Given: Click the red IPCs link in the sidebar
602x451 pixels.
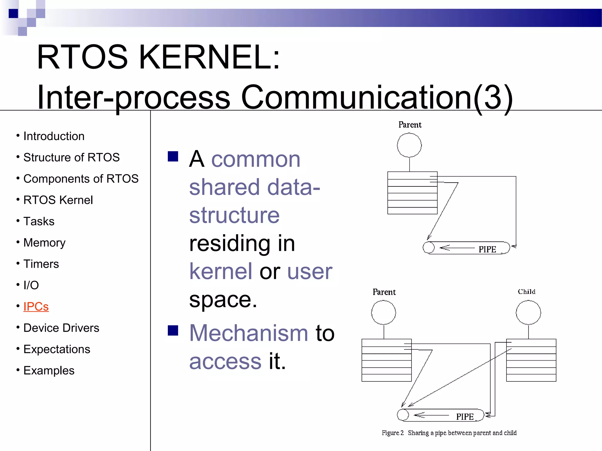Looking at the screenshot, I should [36, 307].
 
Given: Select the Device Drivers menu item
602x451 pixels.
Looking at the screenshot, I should [61, 328].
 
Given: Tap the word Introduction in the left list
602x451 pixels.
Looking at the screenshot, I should [54, 136].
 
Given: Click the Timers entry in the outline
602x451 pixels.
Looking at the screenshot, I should [41, 264].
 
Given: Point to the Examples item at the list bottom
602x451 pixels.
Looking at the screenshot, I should [49, 371].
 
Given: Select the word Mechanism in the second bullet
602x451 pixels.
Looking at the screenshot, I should [249, 333].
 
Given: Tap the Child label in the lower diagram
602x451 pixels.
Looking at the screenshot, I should [526, 292].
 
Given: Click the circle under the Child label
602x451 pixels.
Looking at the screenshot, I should [528, 312].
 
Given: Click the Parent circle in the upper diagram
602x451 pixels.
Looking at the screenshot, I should [409, 145].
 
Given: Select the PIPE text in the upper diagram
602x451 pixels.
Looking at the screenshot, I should [487, 249].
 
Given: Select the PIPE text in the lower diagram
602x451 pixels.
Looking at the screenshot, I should [465, 417].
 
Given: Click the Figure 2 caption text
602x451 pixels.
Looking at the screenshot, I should [449, 433].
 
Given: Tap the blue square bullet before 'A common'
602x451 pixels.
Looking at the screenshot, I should [173, 156].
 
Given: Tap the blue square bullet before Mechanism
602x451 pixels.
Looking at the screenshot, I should [173, 330].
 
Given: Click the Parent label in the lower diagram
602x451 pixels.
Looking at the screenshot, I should [384, 292].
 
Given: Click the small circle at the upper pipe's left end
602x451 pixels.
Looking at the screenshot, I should [429, 247].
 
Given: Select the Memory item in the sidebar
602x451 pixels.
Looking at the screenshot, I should [44, 243].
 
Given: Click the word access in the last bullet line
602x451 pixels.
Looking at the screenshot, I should [225, 361].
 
